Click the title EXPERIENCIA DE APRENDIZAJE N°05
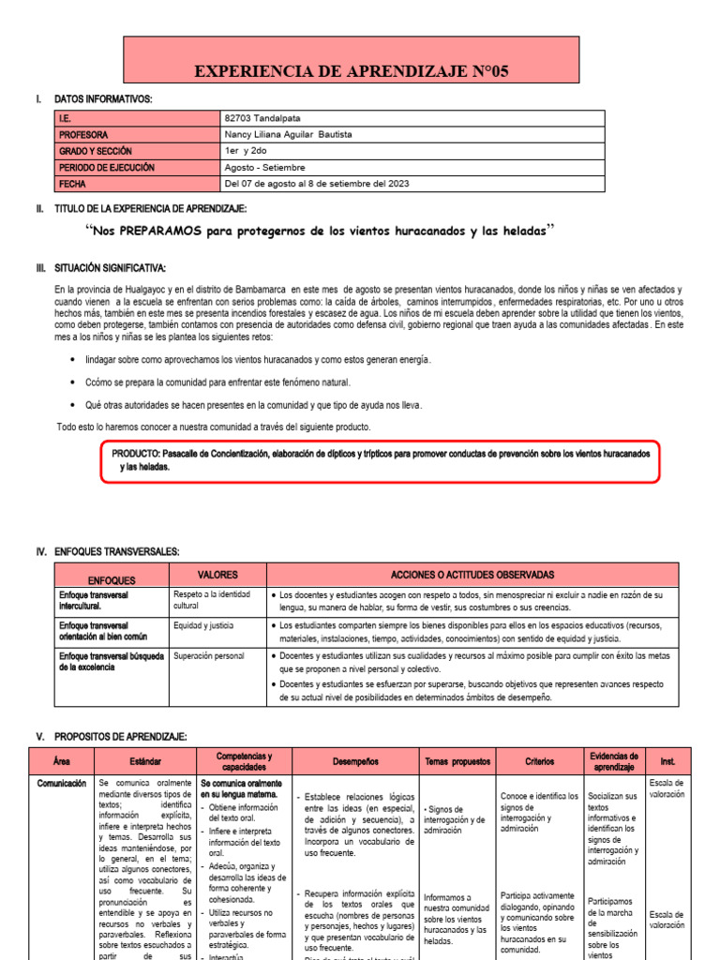coord(365,71)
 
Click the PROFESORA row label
coord(83,134)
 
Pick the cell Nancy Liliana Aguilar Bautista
coord(289,134)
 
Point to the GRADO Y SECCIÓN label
coord(95,151)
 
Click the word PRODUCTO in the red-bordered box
coord(135,453)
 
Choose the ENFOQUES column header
coord(112,580)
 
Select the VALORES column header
coord(217,575)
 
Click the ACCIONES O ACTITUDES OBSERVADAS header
coord(472,575)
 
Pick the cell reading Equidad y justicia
coord(203,625)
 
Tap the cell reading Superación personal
coord(208,655)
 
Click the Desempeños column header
coord(355,762)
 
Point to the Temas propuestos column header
coord(457,762)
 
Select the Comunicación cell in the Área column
coord(62,783)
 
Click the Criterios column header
coord(539,762)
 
